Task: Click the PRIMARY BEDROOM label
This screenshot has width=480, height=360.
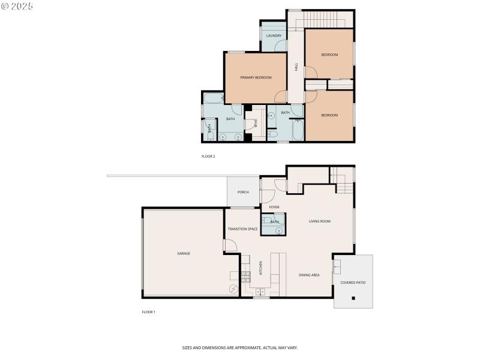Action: (x=256, y=77)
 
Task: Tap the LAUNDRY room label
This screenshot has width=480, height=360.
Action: (x=274, y=36)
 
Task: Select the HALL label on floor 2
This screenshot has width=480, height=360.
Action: (x=296, y=67)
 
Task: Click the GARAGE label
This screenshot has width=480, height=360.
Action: (x=184, y=253)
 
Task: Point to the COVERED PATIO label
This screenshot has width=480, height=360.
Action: (x=353, y=282)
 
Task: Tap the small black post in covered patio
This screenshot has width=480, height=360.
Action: (x=353, y=298)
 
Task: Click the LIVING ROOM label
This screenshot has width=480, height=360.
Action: (x=320, y=221)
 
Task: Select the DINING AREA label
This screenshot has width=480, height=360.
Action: (x=309, y=275)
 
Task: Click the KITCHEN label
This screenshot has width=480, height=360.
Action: (x=260, y=268)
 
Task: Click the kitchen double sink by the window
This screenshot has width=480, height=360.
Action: (x=260, y=292)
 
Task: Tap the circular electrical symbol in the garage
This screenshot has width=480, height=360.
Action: (x=233, y=289)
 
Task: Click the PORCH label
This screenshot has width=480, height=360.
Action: (x=243, y=192)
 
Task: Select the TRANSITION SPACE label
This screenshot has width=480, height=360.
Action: (x=242, y=229)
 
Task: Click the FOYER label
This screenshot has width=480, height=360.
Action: (x=274, y=207)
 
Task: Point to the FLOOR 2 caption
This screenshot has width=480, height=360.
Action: (x=208, y=156)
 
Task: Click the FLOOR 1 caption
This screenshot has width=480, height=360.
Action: (x=148, y=312)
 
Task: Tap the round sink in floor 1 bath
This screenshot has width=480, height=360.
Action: (x=279, y=229)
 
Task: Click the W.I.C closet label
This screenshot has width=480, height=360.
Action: (x=256, y=124)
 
